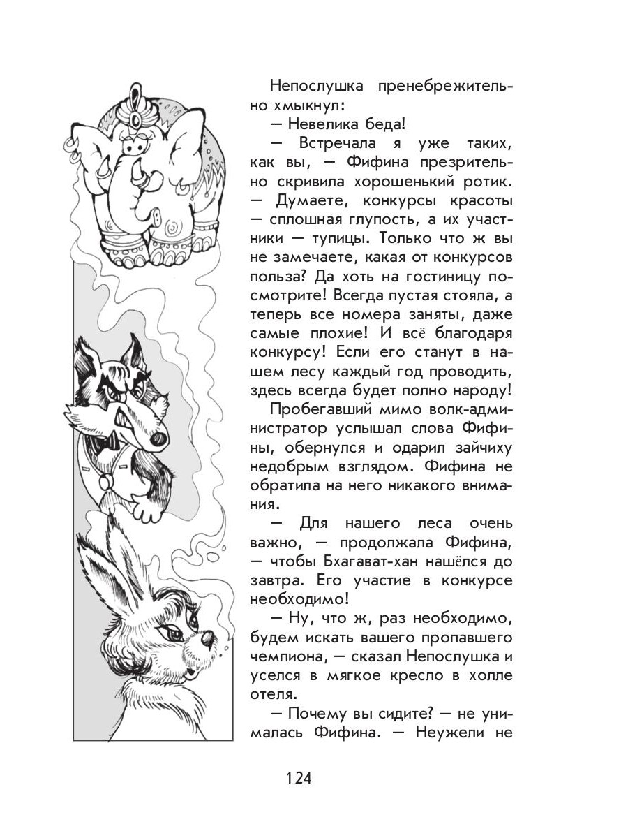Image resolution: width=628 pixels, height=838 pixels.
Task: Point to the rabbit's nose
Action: point(207,638)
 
